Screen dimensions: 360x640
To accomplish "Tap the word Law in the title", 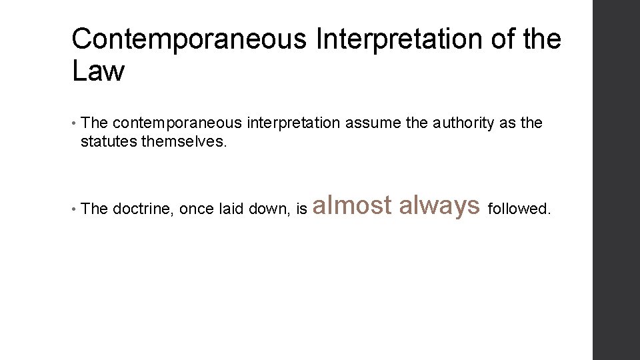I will click(98, 71).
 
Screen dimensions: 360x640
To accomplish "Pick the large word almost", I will click(352, 205).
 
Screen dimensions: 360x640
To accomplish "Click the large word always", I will click(439, 205).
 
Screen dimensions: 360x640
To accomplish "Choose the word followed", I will click(520, 209).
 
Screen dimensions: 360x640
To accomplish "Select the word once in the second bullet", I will click(197, 209).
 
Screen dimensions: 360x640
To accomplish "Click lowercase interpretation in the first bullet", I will click(294, 123).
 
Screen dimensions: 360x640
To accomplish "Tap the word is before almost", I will click(301, 209).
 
